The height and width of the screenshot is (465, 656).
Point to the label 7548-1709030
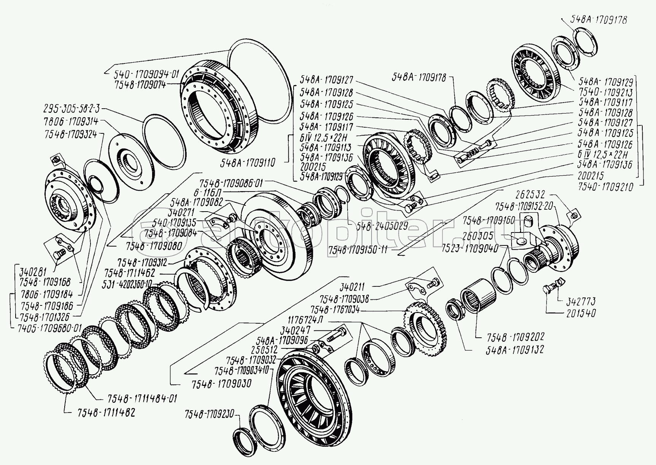(x=221, y=384)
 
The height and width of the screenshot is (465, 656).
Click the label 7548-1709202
(x=515, y=337)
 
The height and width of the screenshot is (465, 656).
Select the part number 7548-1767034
(x=335, y=310)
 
